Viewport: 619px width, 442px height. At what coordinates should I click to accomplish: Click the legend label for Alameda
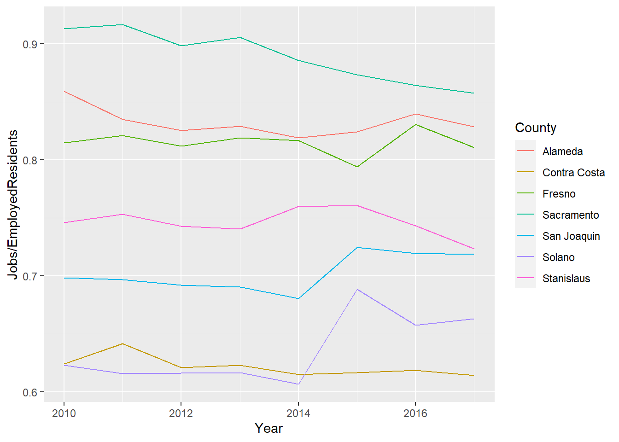tap(562, 151)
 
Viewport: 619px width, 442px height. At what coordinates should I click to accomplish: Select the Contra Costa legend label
tap(573, 173)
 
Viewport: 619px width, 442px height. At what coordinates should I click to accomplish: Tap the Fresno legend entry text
tap(559, 194)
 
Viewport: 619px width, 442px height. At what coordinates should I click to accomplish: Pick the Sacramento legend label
tap(571, 215)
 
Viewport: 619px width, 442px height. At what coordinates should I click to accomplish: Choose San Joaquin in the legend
tap(571, 236)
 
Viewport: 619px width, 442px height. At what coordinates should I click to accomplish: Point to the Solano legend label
tap(558, 257)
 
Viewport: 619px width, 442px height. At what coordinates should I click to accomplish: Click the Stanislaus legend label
tap(566, 279)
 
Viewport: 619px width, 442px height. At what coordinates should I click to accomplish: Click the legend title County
tap(535, 128)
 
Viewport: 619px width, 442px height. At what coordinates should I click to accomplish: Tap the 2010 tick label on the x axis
tap(64, 413)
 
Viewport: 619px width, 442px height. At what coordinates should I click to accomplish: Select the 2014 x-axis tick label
tap(298, 413)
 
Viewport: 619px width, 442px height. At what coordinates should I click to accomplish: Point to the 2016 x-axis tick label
tap(415, 413)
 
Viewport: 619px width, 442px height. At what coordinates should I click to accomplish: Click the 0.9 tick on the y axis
tap(30, 44)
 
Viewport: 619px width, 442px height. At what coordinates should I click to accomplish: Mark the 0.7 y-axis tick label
tap(30, 276)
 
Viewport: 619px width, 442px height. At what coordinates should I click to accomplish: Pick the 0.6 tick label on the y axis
tap(30, 392)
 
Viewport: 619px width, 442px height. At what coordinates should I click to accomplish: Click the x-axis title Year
tap(269, 428)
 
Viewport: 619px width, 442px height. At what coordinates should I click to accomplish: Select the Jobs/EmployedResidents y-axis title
tap(13, 204)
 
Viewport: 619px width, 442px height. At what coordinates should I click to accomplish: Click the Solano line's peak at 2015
tap(357, 289)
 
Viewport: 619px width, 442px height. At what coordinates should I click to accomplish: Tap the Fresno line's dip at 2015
tap(357, 167)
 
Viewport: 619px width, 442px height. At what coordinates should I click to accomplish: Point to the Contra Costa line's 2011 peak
tap(123, 343)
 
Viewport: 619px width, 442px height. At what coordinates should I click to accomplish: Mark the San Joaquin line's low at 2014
tap(298, 298)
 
